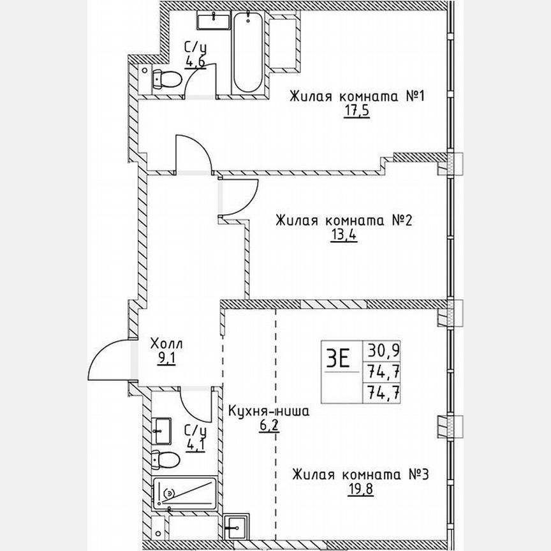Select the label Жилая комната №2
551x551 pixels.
tap(345, 221)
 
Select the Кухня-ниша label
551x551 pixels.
tap(268, 412)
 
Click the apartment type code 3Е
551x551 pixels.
tap(338, 359)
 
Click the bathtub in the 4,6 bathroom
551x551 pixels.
tap(247, 54)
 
